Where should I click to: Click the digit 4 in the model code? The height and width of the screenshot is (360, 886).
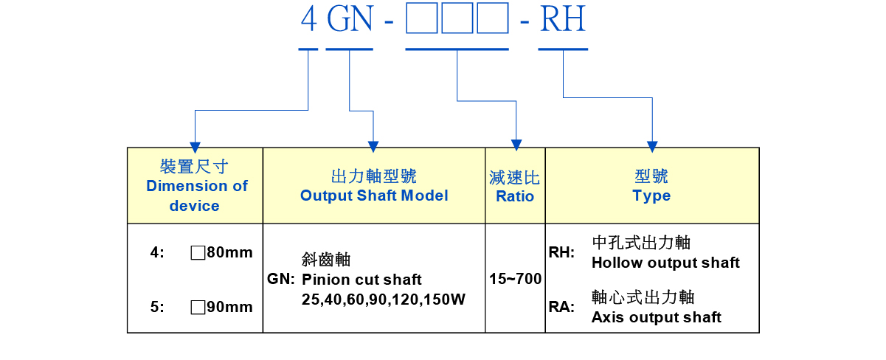(x=308, y=20)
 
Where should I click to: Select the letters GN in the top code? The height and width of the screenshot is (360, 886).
(x=350, y=20)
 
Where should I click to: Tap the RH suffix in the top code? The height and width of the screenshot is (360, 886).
(x=563, y=20)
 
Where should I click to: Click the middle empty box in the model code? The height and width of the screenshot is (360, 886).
(x=457, y=20)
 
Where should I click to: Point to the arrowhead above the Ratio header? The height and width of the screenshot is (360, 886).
(x=516, y=142)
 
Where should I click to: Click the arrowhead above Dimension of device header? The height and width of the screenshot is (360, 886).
(x=195, y=142)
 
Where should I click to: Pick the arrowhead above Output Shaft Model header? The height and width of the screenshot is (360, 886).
(x=373, y=142)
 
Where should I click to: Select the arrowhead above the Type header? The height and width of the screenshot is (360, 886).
(x=652, y=142)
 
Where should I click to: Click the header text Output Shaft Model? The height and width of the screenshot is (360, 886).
(x=374, y=195)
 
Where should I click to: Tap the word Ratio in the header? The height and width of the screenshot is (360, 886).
(x=515, y=196)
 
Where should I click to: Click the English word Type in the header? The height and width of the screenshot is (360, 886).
(x=651, y=195)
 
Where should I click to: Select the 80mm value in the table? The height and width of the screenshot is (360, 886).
(x=229, y=252)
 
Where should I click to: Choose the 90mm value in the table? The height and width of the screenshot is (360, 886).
(x=229, y=307)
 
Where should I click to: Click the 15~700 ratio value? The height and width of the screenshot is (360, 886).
(x=515, y=280)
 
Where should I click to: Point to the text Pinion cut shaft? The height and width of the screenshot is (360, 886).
(x=361, y=280)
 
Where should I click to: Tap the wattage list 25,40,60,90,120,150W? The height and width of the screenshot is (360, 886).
(x=383, y=300)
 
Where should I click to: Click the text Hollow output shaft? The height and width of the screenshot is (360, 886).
(x=665, y=263)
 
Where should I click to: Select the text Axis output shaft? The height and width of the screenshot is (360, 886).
(x=657, y=317)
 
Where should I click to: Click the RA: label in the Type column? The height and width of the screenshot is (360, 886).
(x=561, y=307)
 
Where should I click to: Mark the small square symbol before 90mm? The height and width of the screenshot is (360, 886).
(x=197, y=307)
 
